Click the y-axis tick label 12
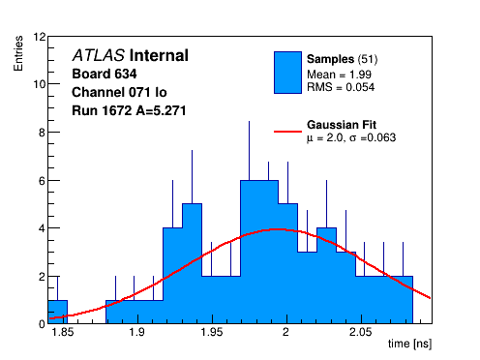coord(40,37)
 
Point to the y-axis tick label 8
coord(42,133)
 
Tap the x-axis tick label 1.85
coord(63,332)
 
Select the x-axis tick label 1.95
coord(212,332)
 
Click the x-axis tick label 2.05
coord(361,332)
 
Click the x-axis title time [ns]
coord(409,344)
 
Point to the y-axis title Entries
coord(18,53)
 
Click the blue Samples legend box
coord(287,73)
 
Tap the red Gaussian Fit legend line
coord(287,132)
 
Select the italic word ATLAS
coord(99,55)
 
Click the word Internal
coord(159,55)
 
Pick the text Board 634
coord(105,74)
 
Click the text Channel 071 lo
coord(119,92)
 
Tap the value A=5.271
coord(161,110)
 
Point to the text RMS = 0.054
coord(341,87)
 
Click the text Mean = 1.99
coord(339,75)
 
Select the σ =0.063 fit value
coord(373,137)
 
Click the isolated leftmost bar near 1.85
coord(58,312)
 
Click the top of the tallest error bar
coord(249,121)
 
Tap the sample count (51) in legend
coord(368,59)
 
